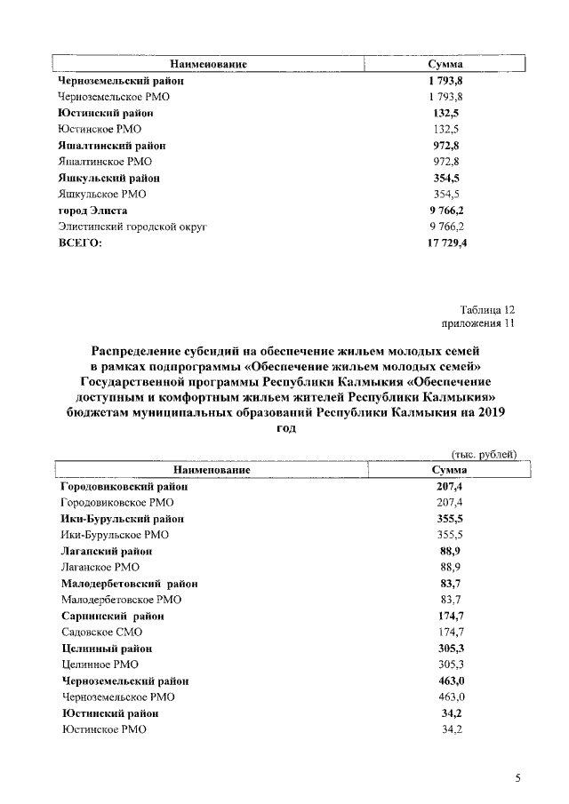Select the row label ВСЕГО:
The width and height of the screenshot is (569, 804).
point(80,243)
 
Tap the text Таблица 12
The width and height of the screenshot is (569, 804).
point(488,309)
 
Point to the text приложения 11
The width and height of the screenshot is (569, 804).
point(478,324)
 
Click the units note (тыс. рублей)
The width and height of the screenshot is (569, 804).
point(485,454)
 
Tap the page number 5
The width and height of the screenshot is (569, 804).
point(517,779)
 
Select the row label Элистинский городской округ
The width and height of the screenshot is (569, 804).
point(132,227)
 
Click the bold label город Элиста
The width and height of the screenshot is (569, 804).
point(92,211)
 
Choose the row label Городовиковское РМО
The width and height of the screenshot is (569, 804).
point(116,502)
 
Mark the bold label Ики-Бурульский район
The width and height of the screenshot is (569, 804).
point(123,518)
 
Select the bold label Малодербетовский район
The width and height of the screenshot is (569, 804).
point(129,584)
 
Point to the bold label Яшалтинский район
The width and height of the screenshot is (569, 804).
point(111,146)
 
